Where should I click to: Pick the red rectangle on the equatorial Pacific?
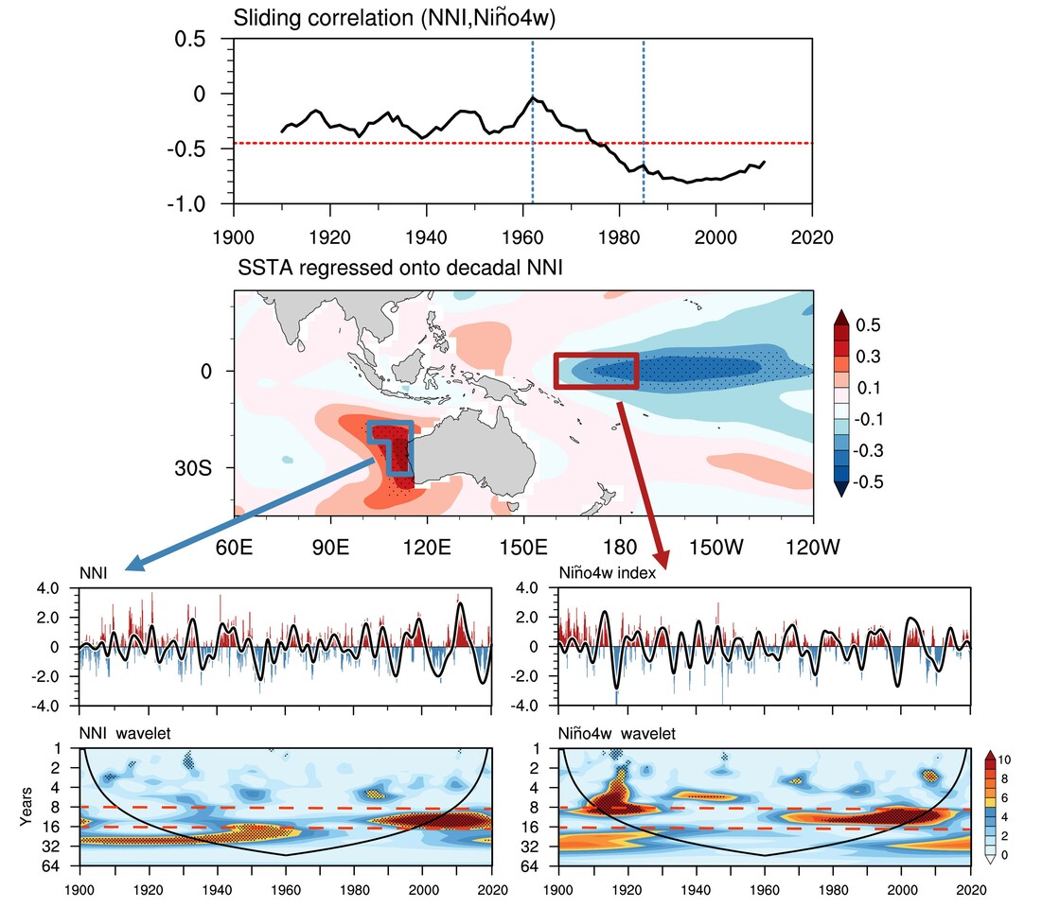(x=596, y=370)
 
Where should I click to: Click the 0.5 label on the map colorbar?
(x=869, y=325)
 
